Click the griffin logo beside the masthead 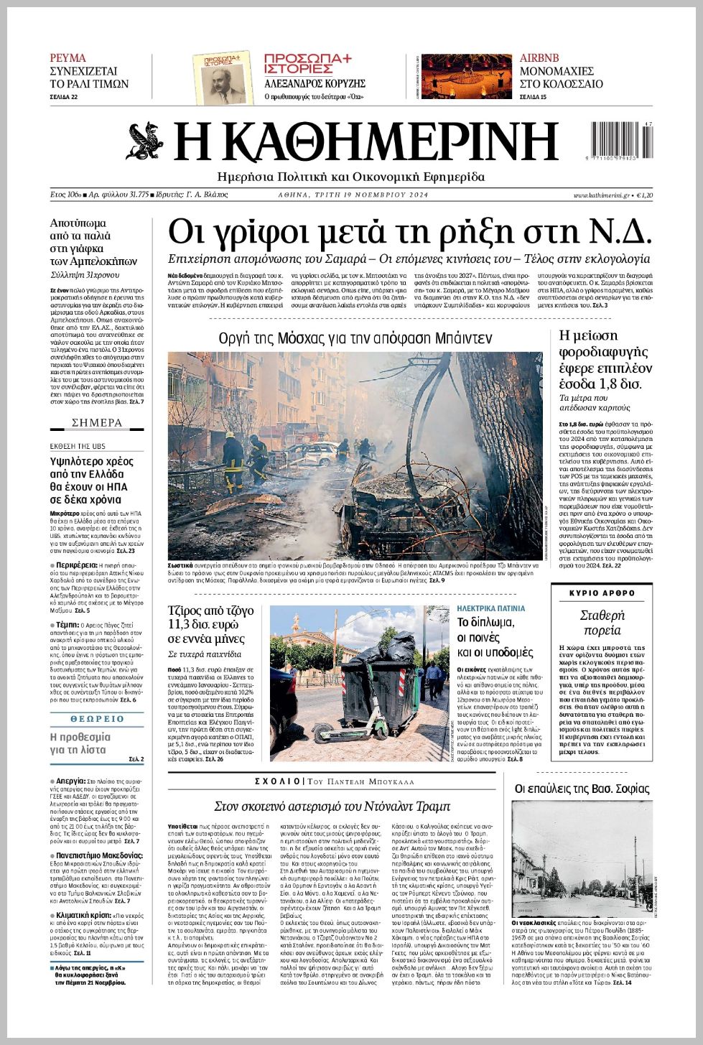click(x=146, y=141)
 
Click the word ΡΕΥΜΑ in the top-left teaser click(x=67, y=58)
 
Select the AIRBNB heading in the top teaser click(x=539, y=58)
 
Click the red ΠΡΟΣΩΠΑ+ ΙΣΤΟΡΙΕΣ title click(x=307, y=64)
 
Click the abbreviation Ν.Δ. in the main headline click(x=620, y=232)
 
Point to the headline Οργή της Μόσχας click(x=355, y=338)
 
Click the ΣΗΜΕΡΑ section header click(x=97, y=422)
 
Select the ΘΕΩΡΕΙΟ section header click(x=97, y=719)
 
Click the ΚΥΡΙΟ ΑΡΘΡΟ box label click(x=602, y=593)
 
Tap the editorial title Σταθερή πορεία click(x=602, y=623)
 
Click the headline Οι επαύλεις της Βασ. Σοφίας click(x=582, y=789)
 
